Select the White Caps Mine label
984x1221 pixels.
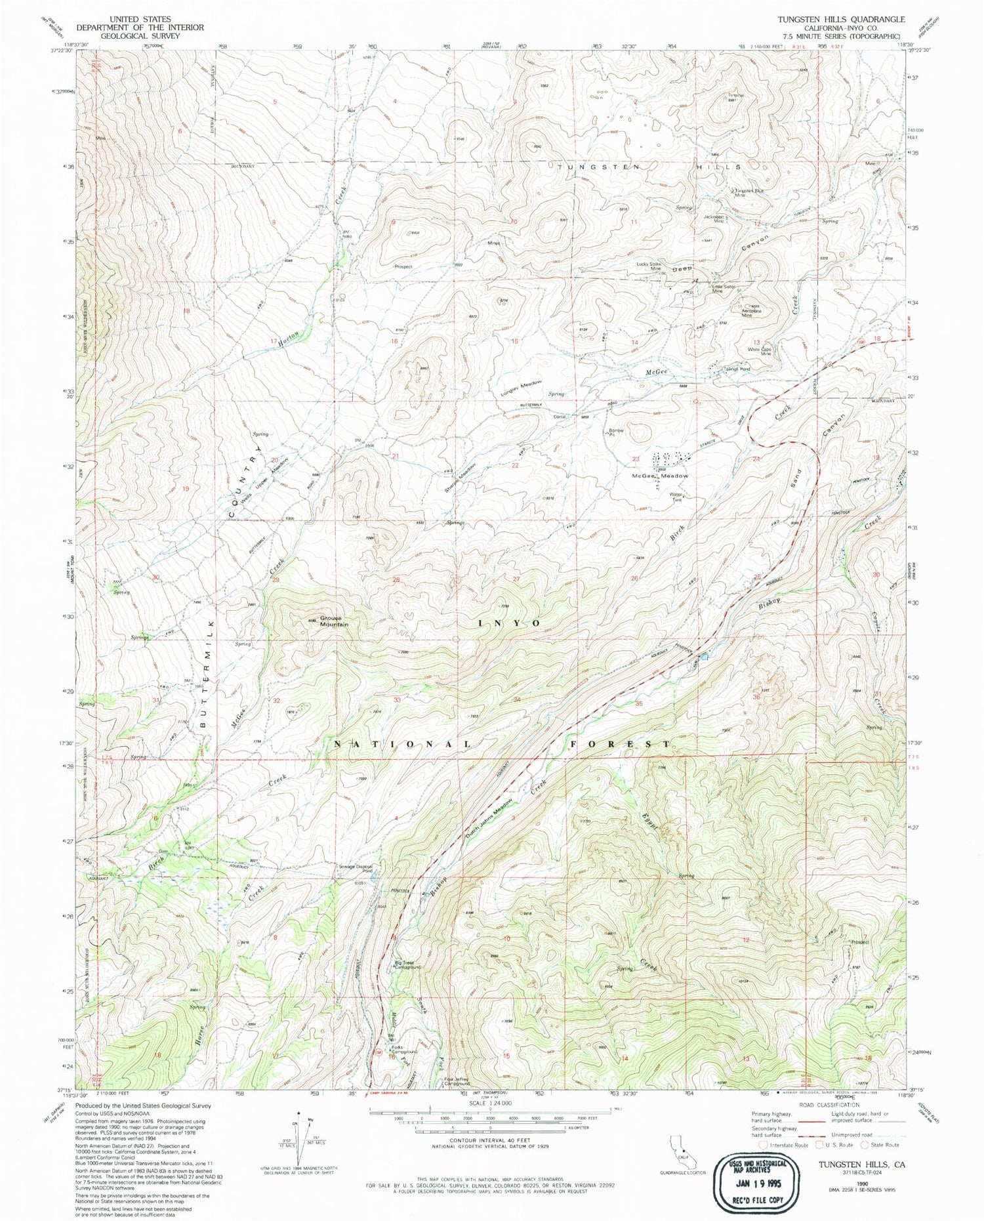760,352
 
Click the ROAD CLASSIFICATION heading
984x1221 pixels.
833,1105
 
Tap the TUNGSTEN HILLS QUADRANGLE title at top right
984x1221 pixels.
840,20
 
